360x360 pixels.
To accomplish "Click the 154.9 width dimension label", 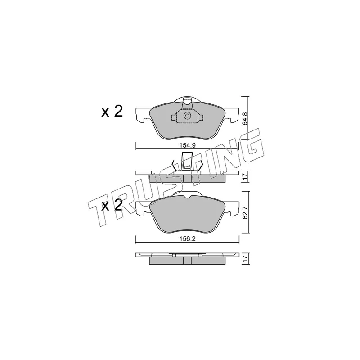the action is point(187,145).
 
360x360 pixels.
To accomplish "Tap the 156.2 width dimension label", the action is point(187,239).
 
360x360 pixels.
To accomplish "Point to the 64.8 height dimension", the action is point(245,118).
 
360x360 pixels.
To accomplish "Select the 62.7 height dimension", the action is point(245,212).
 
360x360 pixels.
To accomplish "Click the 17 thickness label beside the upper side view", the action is point(245,177).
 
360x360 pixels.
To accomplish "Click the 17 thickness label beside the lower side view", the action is point(245,259).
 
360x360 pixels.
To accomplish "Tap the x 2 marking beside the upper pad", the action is point(112,112).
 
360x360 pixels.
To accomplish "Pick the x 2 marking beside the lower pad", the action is point(112,205).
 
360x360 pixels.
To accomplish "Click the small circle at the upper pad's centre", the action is point(187,116).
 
